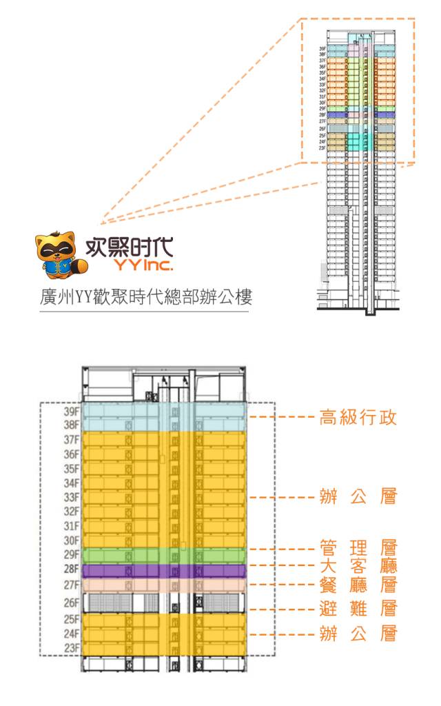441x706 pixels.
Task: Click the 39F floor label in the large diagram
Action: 72,412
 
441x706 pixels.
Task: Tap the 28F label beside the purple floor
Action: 72,569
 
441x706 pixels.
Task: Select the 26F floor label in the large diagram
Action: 72,603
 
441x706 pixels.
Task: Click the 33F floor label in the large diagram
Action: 72,497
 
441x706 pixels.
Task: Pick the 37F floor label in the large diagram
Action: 72,440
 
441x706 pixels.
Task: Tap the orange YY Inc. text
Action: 145,265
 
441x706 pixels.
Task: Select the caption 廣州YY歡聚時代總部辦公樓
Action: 146,298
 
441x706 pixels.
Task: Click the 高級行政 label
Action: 358,418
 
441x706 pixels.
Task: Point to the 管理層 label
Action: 358,549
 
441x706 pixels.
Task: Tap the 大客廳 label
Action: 358,566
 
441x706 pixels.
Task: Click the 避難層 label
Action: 358,609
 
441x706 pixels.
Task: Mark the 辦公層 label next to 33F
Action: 358,497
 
